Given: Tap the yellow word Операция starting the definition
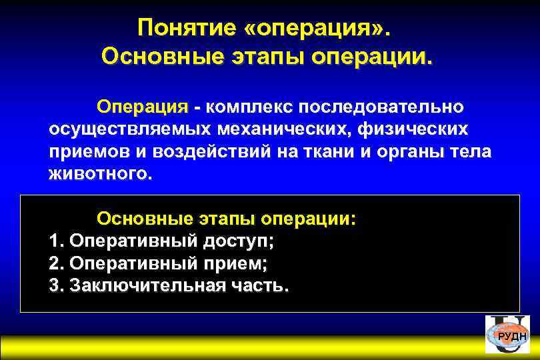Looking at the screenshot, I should pyautogui.click(x=143, y=107).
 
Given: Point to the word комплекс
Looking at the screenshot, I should pyautogui.click(x=248, y=107).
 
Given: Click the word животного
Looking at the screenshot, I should pyautogui.click(x=100, y=174).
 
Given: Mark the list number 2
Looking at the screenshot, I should pyautogui.click(x=55, y=263).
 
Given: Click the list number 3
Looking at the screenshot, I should pyautogui.click(x=55, y=286).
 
